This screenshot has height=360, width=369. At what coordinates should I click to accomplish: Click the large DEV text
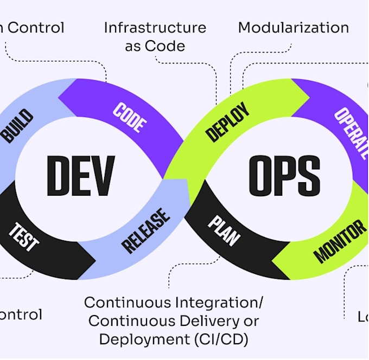[x=81, y=176]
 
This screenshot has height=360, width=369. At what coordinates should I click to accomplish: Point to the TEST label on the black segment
[x=23, y=236]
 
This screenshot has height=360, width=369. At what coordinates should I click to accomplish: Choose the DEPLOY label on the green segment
[x=228, y=122]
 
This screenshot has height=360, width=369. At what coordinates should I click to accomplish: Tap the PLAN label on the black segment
[x=224, y=230]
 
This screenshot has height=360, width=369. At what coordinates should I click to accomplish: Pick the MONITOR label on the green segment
[x=340, y=241]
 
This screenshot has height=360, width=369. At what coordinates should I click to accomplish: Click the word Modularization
[x=293, y=27]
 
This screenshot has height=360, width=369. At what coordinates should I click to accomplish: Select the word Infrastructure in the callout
[x=155, y=27]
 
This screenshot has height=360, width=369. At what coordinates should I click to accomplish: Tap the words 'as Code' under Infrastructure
[x=155, y=46]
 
